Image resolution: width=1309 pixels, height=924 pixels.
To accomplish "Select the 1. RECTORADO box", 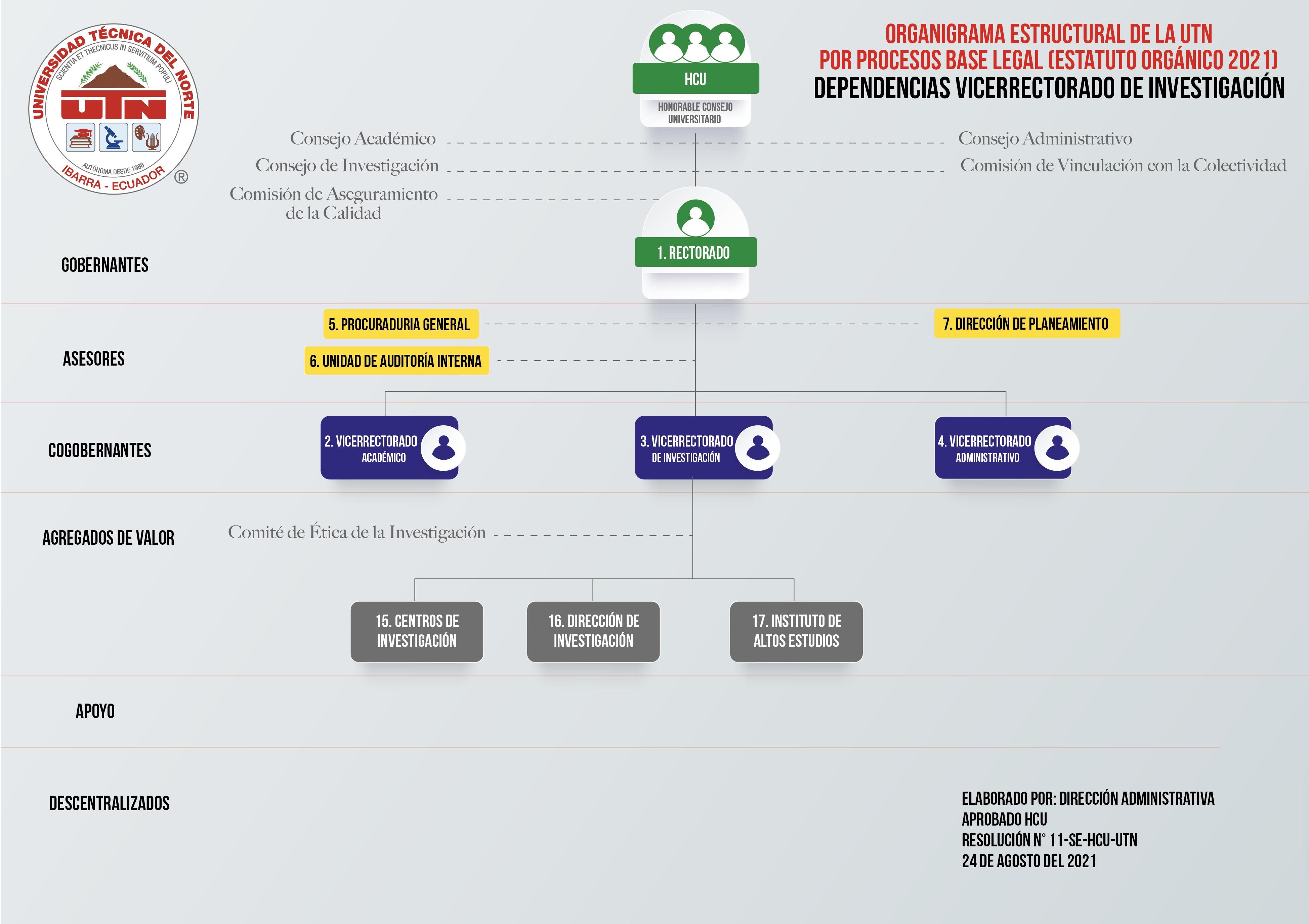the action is click(695, 252).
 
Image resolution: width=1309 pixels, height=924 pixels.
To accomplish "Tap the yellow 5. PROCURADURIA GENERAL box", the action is click(401, 324).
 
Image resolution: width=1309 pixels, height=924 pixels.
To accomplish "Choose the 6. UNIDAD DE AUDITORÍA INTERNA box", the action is click(397, 361).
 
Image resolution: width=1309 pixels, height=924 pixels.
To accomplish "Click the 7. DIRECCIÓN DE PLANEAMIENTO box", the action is click(1027, 324).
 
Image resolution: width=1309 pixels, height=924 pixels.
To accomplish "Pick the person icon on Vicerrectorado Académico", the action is click(444, 448).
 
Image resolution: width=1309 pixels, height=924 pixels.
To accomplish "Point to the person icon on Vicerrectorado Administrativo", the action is click(1057, 448).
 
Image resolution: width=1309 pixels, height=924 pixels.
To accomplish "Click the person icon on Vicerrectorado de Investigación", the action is click(758, 448).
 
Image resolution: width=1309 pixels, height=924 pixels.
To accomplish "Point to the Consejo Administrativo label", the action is click(1045, 138).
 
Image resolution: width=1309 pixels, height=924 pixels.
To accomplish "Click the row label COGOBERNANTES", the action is click(100, 450).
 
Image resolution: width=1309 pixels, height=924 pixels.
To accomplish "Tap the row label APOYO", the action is click(95, 711).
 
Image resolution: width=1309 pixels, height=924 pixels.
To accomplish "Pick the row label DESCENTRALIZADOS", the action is click(110, 803).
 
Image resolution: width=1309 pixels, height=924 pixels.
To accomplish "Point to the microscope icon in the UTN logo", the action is click(114, 137).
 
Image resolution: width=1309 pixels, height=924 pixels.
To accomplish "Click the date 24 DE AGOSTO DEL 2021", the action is click(1029, 861).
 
